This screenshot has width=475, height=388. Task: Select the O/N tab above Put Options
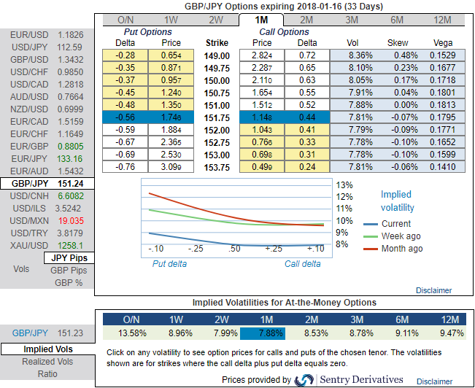coord(125,19)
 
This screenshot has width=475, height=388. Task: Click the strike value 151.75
coord(218,117)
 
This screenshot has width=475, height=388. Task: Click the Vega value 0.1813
coord(443,105)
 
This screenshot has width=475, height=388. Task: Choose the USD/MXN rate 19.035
coord(70,220)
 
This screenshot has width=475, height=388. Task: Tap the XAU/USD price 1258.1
coord(70,245)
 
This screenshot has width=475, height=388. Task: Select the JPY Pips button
coord(69,257)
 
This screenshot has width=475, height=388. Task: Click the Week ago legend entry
coord(401,236)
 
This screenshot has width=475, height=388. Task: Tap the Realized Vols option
coord(48,362)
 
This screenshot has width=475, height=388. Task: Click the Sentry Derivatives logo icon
coord(303,379)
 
